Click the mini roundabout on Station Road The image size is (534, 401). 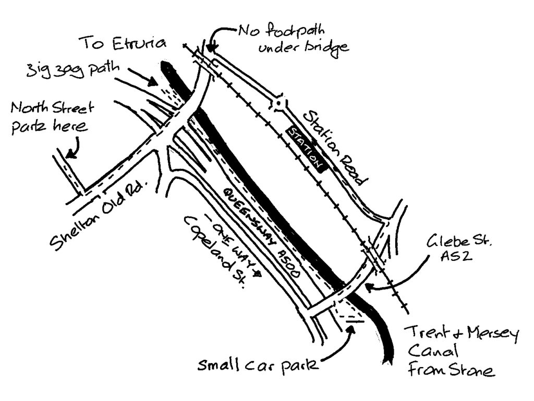279,103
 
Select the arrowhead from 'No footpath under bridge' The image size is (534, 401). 212,49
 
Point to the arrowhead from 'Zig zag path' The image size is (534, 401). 155,82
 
